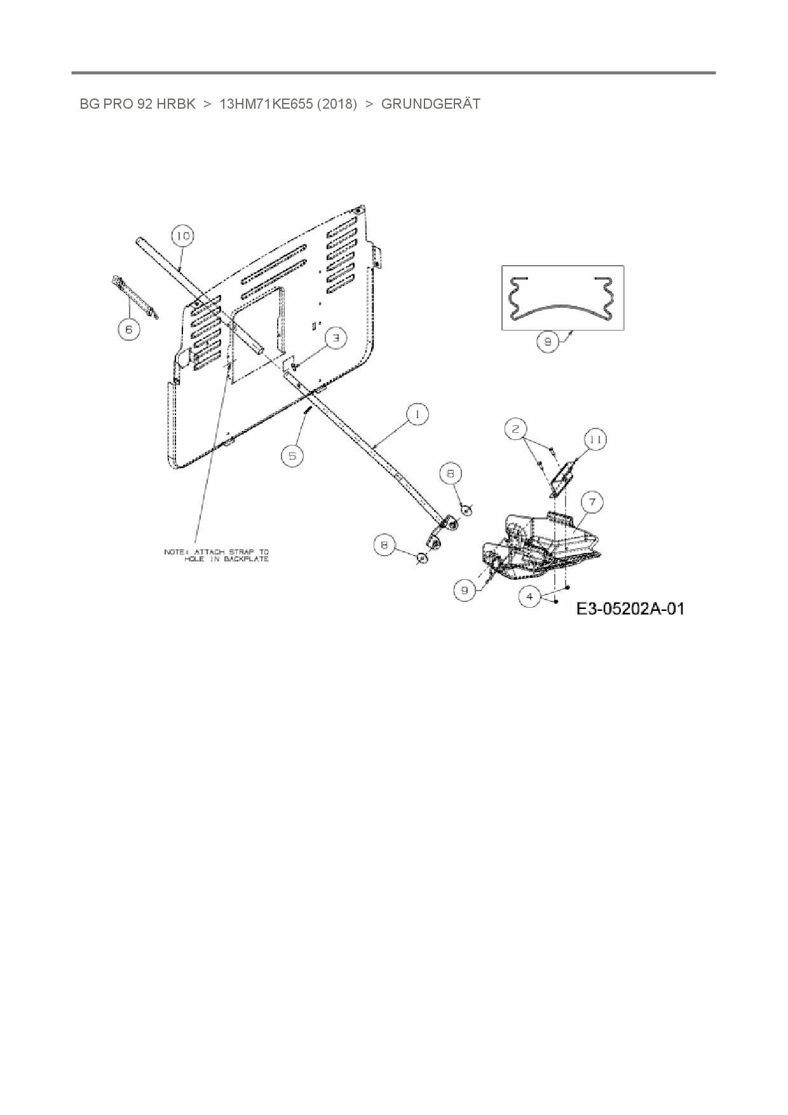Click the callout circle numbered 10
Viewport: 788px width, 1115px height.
[x=182, y=236]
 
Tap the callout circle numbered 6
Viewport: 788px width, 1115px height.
[x=128, y=329]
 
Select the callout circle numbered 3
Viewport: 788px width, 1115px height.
[x=337, y=338]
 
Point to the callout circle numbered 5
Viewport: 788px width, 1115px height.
[x=292, y=455]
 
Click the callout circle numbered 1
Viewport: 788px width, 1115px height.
[x=417, y=415]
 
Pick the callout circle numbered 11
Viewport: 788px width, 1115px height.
[x=595, y=439]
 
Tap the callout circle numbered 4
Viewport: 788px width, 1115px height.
[x=530, y=596]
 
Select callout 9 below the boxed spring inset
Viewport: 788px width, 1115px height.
[x=547, y=342]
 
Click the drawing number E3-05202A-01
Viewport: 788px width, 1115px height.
[x=630, y=609]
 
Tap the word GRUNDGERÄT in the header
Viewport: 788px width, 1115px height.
[x=430, y=104]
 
